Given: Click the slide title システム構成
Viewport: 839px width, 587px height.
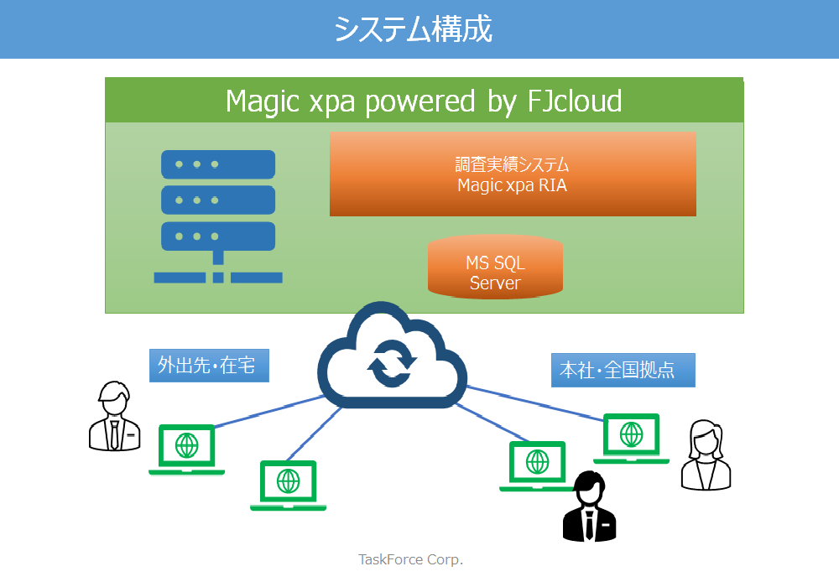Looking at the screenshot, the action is click(413, 29).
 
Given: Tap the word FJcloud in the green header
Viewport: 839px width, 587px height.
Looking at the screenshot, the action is click(574, 101).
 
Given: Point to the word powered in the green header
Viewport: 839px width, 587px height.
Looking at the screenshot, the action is click(419, 101).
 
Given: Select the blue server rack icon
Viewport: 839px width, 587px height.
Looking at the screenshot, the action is click(218, 216).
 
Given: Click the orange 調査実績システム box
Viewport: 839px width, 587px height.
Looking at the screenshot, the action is click(513, 174).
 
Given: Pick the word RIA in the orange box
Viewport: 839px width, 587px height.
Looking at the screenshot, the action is click(552, 185).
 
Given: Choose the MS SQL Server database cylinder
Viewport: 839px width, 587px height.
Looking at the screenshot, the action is click(495, 266).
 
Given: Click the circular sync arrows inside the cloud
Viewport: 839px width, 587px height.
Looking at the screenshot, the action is click(392, 364).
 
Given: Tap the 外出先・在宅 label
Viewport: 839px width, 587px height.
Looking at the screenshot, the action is click(209, 365).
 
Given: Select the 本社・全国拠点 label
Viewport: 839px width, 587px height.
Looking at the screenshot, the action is click(623, 370).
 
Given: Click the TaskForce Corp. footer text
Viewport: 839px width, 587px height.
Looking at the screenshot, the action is click(410, 559).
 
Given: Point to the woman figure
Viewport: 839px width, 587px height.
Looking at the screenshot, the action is click(706, 455).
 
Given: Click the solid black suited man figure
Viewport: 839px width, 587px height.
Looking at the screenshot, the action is click(589, 506).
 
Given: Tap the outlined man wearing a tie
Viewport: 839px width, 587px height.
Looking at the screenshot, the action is click(114, 416).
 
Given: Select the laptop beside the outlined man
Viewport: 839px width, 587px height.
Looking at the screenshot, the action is click(187, 449).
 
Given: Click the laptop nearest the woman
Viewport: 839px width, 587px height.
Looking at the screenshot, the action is click(632, 439).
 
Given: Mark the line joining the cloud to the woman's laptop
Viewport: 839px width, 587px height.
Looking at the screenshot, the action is click(535, 403).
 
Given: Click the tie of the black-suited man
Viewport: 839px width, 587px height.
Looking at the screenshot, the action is click(589, 525).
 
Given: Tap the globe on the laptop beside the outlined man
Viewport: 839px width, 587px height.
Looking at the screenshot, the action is click(187, 444).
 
